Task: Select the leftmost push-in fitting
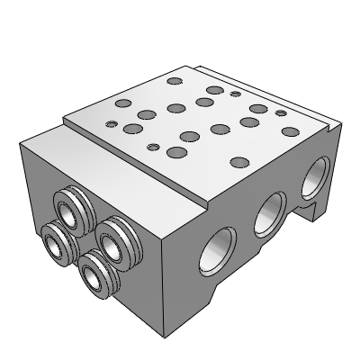(55, 238)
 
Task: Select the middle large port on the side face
(268, 213)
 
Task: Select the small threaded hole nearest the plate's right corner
(281, 113)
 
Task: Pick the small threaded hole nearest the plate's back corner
(235, 94)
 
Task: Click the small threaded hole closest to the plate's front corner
(153, 146)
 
